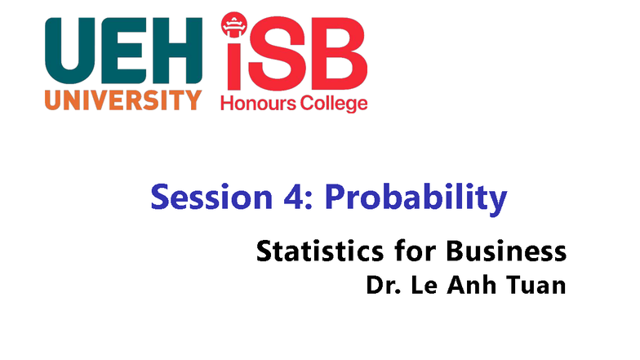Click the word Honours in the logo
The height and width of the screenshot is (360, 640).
tap(260, 104)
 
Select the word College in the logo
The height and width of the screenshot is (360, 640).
tap(335, 104)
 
